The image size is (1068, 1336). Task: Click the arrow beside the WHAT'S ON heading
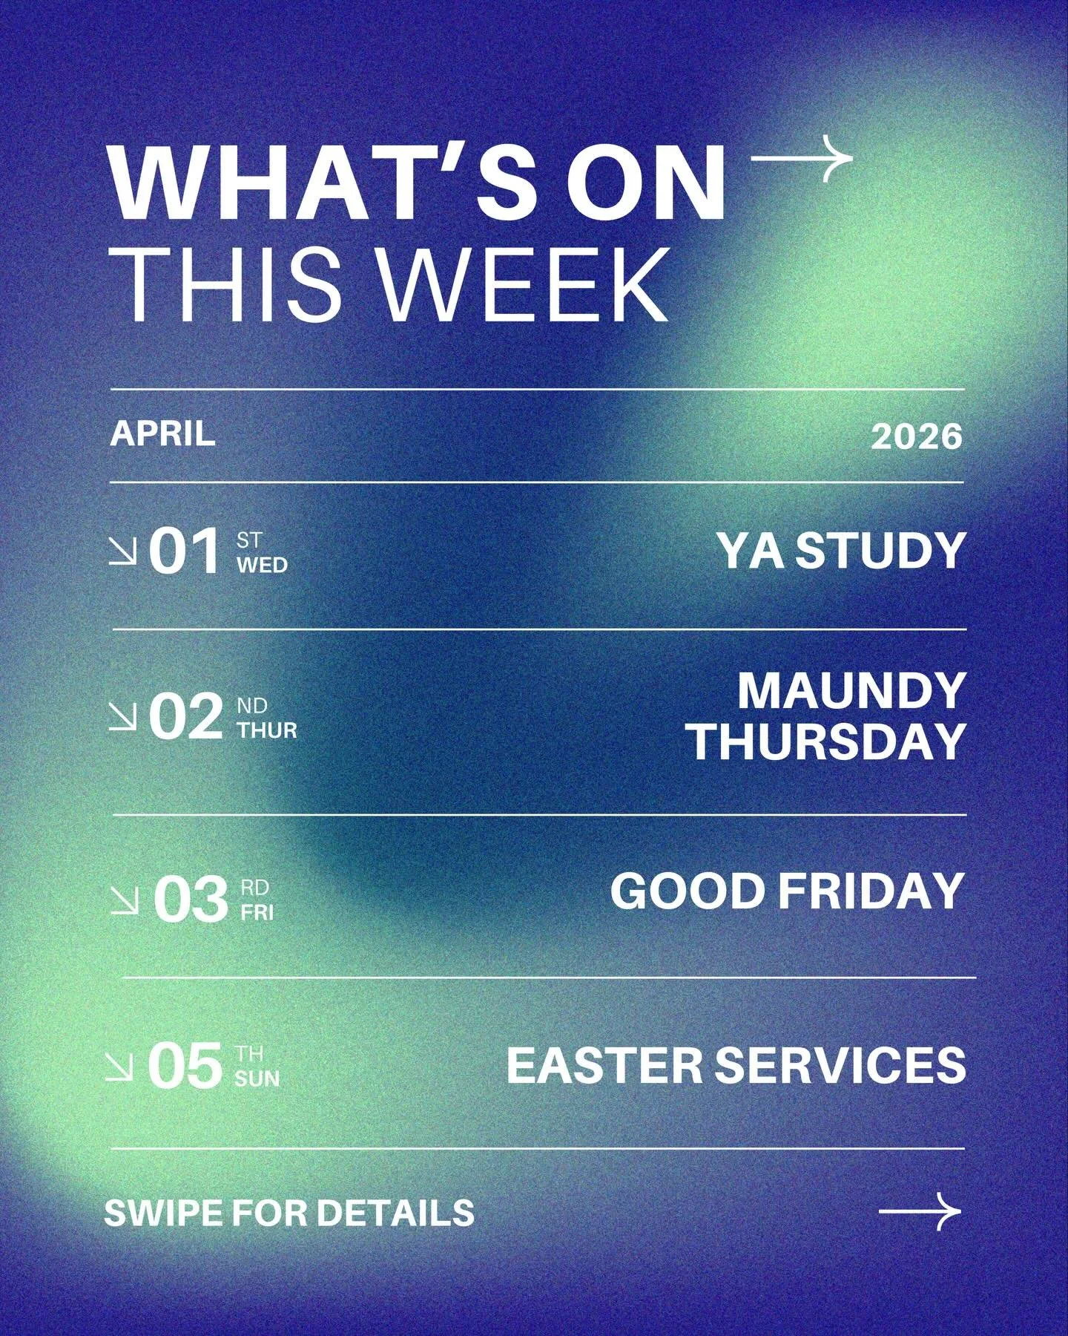point(802,158)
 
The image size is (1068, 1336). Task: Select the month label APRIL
point(162,433)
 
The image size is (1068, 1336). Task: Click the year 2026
point(916,436)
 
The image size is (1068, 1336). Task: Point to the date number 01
point(185,551)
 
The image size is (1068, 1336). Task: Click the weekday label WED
point(262,565)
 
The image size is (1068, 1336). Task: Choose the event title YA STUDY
point(841,551)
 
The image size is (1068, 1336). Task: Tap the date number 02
point(185,717)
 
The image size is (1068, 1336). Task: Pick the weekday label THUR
point(267,730)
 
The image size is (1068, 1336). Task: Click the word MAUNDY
point(851,691)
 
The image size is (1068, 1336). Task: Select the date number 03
point(190,900)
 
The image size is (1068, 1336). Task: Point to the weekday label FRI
point(257,912)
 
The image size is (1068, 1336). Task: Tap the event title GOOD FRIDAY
point(786,891)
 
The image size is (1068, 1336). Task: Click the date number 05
point(185,1067)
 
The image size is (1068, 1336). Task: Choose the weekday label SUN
point(257,1078)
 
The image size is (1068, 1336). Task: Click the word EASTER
point(604,1065)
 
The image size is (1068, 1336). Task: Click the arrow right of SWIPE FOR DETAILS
point(920,1212)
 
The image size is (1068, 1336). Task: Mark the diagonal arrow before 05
point(119,1067)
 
